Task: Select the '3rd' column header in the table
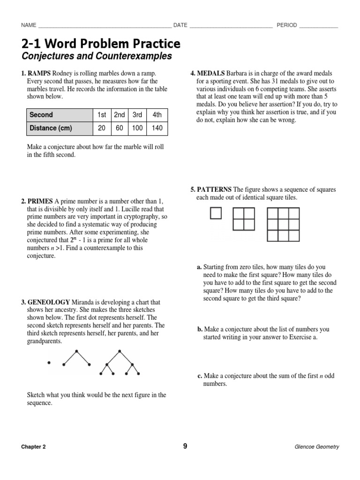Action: tap(137, 115)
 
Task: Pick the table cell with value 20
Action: tap(102, 128)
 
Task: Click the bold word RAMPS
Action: tap(39, 74)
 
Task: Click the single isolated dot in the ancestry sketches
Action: tap(48, 362)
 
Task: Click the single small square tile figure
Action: tap(215, 213)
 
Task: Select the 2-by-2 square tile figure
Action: tap(243, 219)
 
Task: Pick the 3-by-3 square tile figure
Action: tap(283, 224)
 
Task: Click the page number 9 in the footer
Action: tap(185, 446)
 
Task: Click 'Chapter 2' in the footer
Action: tap(33, 447)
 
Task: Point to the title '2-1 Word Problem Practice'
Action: tap(101, 44)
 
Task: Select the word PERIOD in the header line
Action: tap(286, 25)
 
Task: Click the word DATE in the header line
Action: tap(180, 25)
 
